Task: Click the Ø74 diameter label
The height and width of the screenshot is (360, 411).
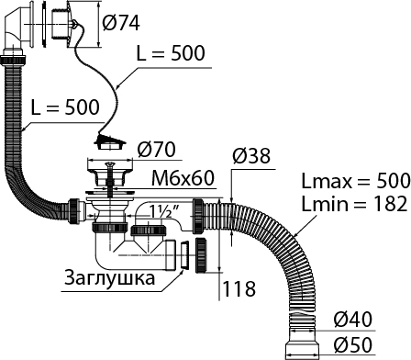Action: pos(121,23)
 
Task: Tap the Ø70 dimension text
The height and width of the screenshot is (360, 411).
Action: pos(156,149)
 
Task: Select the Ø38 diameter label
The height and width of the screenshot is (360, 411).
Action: pos(251,155)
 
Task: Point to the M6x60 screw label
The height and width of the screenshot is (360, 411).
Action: pos(183,178)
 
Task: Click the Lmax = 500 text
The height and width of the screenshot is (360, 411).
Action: pos(356,181)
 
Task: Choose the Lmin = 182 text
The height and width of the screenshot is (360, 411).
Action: pos(354,203)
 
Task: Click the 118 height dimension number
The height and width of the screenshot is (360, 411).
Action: pos(239,289)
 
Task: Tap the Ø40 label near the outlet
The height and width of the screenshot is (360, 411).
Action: pos(352,320)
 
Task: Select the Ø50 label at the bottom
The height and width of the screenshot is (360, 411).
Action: pos(352,344)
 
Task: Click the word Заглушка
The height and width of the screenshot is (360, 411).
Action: pos(110,278)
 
